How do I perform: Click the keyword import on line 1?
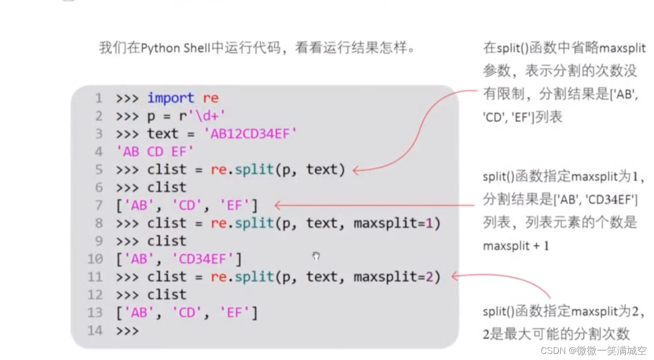[170, 98]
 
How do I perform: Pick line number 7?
[98, 205]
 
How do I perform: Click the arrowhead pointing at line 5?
[356, 170]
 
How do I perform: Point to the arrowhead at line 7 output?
[277, 205]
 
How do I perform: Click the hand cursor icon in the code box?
[316, 256]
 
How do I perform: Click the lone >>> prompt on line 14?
[127, 331]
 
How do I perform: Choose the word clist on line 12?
[167, 295]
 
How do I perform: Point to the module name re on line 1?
[211, 98]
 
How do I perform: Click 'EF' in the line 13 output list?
[234, 313]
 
